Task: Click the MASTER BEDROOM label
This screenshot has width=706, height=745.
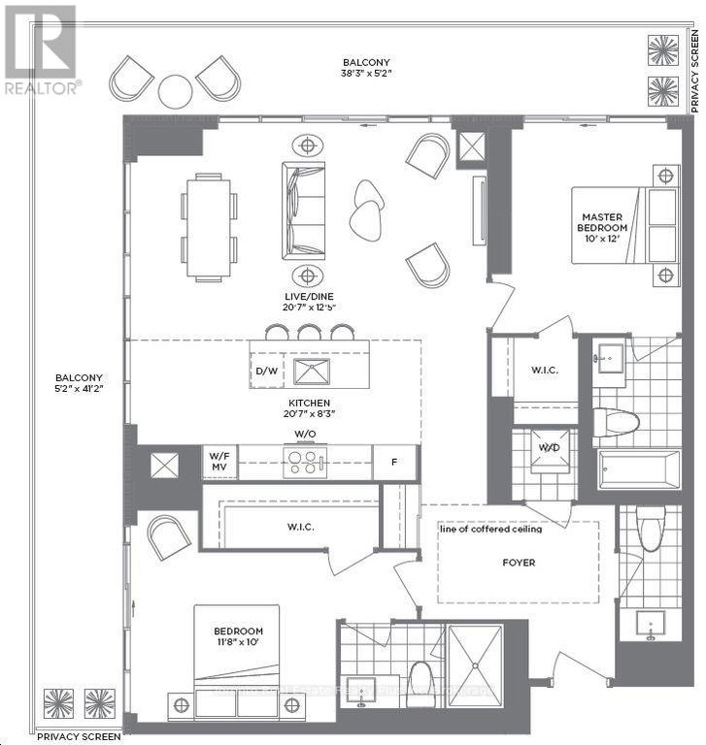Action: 601,223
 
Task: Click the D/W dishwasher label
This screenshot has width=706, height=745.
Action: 265,372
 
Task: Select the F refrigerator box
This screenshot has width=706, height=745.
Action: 395,463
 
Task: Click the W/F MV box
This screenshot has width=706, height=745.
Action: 218,463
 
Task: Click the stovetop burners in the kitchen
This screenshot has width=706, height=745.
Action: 305,462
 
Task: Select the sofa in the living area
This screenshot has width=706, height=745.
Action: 304,211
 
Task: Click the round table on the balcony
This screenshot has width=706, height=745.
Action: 176,91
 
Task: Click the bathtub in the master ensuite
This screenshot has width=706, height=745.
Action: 640,470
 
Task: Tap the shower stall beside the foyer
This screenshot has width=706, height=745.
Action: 474,665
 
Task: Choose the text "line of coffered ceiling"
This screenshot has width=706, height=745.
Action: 490,529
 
